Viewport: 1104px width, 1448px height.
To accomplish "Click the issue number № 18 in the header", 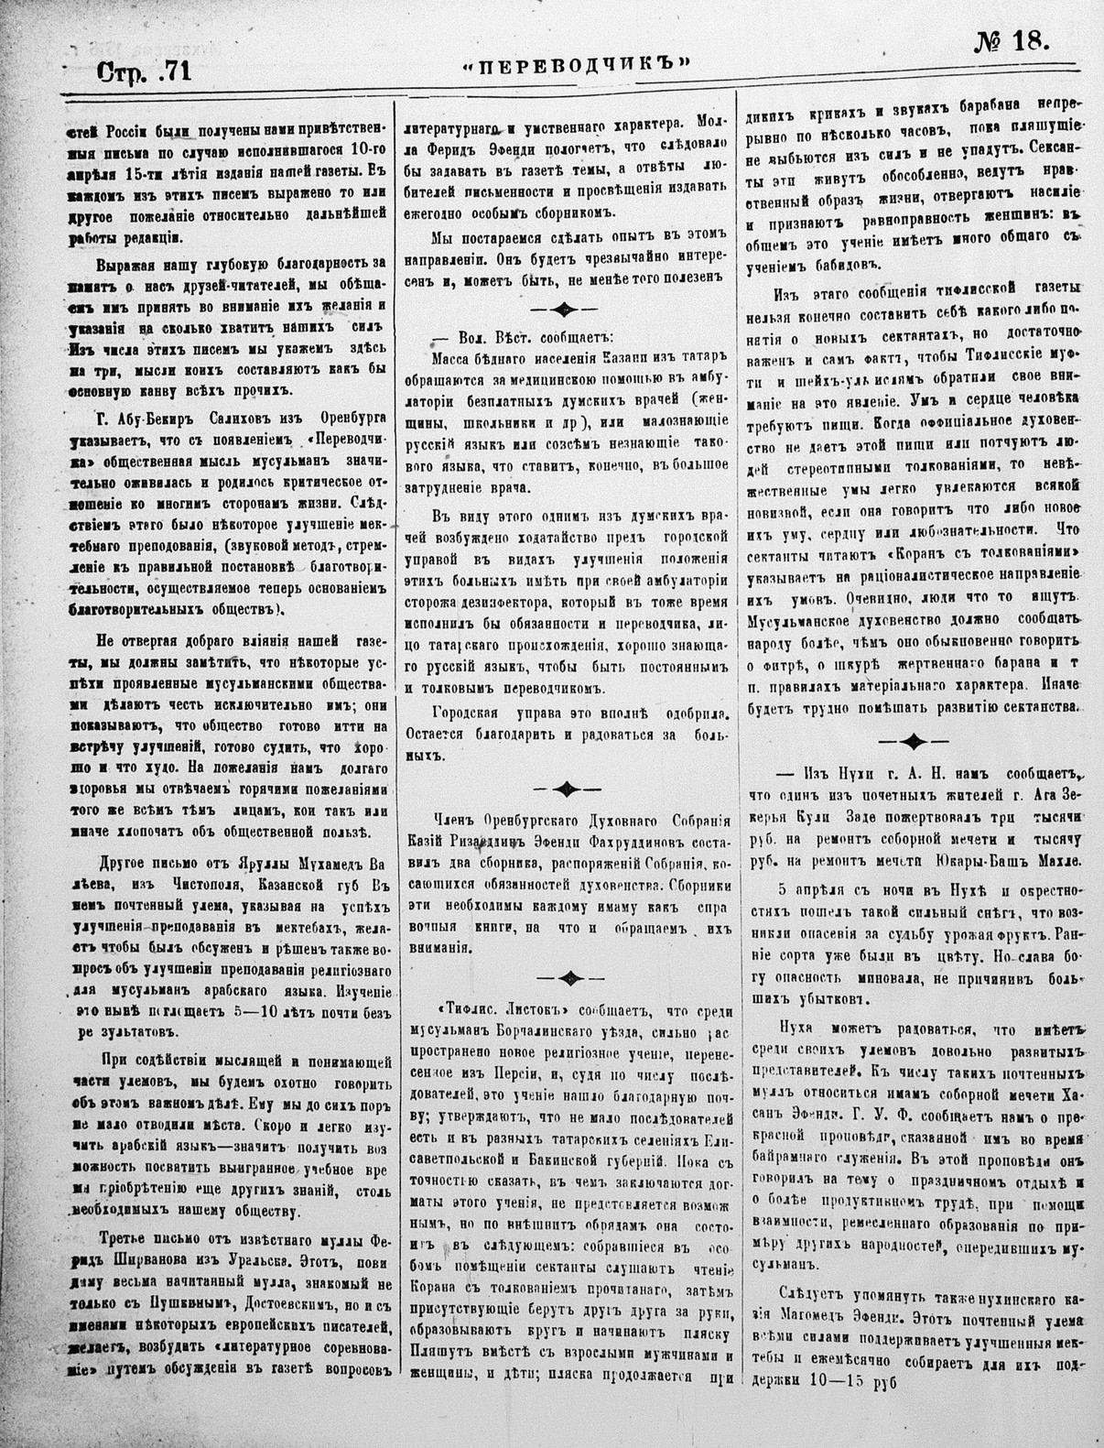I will (x=1003, y=42).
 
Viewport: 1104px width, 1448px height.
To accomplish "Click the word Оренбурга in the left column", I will (x=330, y=417).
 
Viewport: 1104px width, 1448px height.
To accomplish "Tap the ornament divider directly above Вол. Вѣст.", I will (x=566, y=309).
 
